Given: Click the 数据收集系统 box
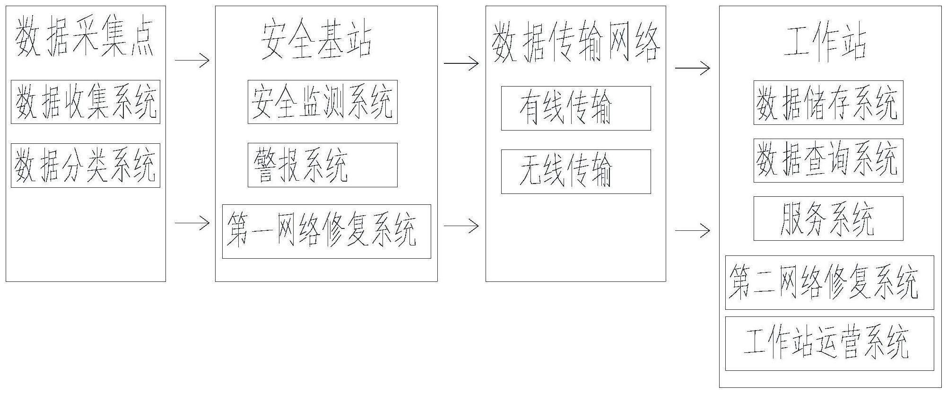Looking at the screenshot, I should pyautogui.click(x=86, y=102).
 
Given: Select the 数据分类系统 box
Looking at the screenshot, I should pyautogui.click(x=86, y=166).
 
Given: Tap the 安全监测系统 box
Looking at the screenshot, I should pyautogui.click(x=322, y=102).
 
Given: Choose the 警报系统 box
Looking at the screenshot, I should pyautogui.click(x=322, y=165).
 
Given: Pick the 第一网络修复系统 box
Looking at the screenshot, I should pyautogui.click(x=326, y=231).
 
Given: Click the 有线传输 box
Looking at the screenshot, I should pyautogui.click(x=576, y=108).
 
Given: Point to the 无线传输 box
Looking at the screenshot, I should pyautogui.click(x=576, y=172).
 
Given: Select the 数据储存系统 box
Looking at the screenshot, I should pyautogui.click(x=828, y=103).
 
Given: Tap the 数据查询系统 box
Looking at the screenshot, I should pyautogui.click(x=828, y=160).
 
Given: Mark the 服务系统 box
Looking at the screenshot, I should pyautogui.click(x=828, y=219).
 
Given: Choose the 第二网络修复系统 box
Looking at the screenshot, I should pyautogui.click(x=829, y=283).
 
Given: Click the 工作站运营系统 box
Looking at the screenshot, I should pyautogui.click(x=829, y=343).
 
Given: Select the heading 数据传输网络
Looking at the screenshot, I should pyautogui.click(x=576, y=44).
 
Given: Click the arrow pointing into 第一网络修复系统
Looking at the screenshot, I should pyautogui.click(x=192, y=222).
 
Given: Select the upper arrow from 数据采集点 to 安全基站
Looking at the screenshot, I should pyautogui.click(x=192, y=61).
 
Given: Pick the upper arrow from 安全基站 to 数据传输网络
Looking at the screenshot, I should pyautogui.click(x=461, y=63).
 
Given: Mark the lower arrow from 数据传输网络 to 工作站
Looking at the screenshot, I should pyautogui.click(x=693, y=231).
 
